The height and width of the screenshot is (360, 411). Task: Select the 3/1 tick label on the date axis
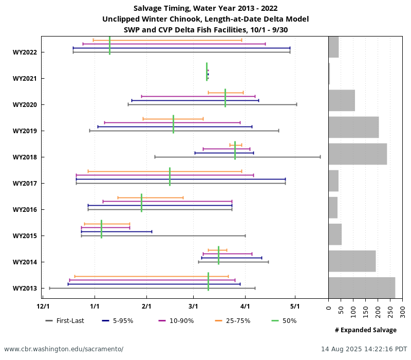pyautogui.click(x=193, y=307)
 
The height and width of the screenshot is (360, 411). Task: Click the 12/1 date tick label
pyautogui.click(x=43, y=307)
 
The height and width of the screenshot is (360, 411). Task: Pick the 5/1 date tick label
pyautogui.click(x=295, y=307)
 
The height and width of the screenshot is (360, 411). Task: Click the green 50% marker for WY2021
pyautogui.click(x=207, y=72)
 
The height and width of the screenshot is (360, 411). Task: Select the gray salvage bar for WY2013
pyautogui.click(x=362, y=287)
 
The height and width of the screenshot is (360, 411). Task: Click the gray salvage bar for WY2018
pyautogui.click(x=358, y=154)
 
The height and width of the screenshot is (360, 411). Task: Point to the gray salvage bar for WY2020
pyautogui.click(x=342, y=100)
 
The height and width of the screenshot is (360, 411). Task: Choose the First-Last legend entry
pyautogui.click(x=65, y=321)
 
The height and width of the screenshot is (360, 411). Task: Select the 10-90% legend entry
pyautogui.click(x=177, y=321)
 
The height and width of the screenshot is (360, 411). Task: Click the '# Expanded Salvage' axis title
pyautogui.click(x=365, y=330)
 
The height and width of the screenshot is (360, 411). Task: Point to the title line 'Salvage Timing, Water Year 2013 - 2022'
pyautogui.click(x=206, y=8)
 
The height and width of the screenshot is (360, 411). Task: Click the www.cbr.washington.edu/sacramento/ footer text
pyautogui.click(x=64, y=349)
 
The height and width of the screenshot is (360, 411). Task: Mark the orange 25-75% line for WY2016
pyautogui.click(x=151, y=197)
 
